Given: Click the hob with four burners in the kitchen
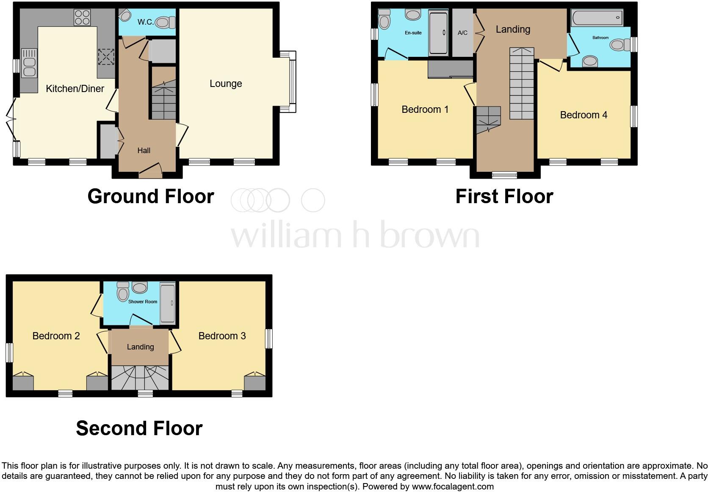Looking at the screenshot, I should (82, 17).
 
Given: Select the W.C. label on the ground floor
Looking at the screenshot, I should (145, 22).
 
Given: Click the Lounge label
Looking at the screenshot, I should (226, 84).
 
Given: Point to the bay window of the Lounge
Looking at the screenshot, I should (291, 81).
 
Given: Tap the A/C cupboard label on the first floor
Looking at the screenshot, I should (462, 33).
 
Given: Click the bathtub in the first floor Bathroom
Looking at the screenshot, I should (597, 18).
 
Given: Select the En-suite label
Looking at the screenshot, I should (413, 33).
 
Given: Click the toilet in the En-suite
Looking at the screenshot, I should (384, 20).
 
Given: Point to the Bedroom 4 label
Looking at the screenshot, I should (584, 115).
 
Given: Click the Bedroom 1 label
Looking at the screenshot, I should (425, 109).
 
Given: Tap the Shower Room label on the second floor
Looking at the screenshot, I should (143, 302).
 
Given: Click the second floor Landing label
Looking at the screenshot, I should (140, 347).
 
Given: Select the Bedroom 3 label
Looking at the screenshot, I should (222, 336).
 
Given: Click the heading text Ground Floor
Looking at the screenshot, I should (151, 196).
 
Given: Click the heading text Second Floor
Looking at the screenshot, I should (139, 428).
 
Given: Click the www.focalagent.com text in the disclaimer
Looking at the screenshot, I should (453, 486).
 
